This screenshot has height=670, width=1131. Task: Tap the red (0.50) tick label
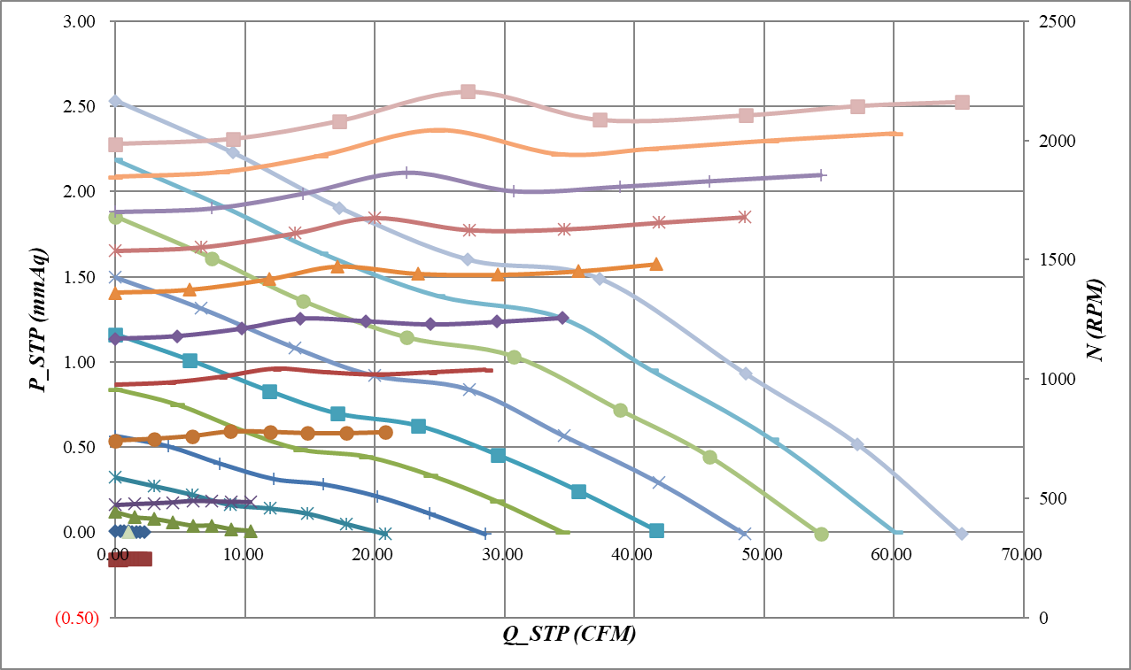point(76,618)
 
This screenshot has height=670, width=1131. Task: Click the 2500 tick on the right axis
point(1055,21)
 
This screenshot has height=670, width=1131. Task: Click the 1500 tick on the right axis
point(1055,259)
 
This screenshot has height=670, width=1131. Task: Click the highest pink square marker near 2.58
point(468,91)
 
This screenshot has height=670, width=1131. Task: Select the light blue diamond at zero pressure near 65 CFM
point(962,533)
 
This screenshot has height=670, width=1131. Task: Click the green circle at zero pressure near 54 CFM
point(821,534)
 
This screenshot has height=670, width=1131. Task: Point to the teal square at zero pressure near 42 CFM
point(656,530)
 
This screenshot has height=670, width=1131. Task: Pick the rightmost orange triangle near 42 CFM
point(656,264)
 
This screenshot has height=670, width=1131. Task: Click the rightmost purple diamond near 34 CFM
point(562,317)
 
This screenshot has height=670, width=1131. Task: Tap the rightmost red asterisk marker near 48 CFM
point(744,217)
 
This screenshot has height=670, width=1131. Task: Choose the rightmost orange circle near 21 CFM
point(385,432)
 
